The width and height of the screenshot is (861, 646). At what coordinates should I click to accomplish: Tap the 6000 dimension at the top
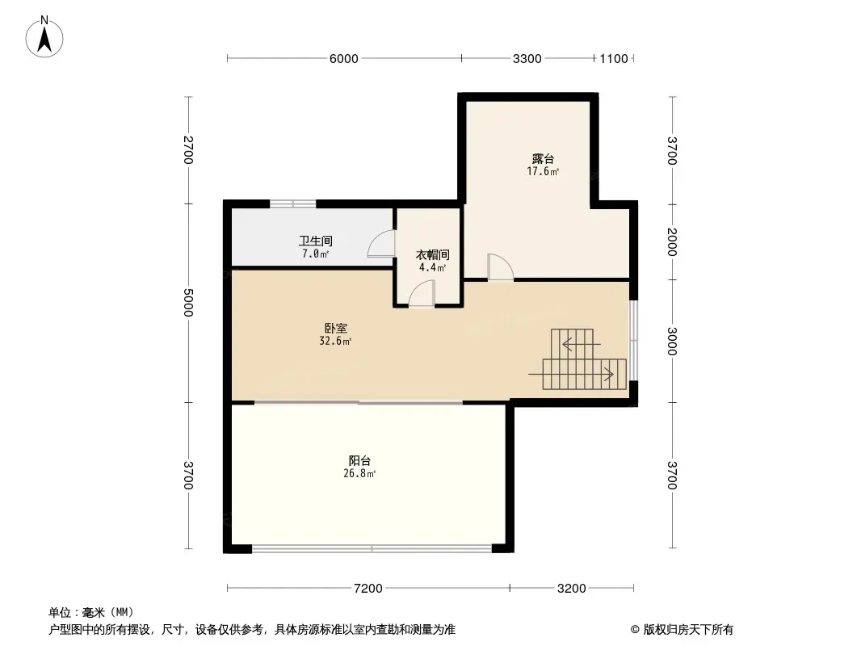(344, 59)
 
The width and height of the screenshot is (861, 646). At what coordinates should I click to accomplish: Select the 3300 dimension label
(527, 59)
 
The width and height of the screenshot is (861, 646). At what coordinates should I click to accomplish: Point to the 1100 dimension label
(613, 59)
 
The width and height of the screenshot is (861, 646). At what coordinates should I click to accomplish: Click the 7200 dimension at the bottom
(367, 589)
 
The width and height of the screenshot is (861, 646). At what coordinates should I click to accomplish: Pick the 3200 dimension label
(572, 589)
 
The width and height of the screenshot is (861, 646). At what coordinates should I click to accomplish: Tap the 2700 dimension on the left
(188, 150)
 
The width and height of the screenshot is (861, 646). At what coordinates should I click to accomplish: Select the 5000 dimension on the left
(188, 303)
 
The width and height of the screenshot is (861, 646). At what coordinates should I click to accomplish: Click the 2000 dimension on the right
(672, 242)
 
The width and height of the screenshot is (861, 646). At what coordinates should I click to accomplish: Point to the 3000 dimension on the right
(672, 341)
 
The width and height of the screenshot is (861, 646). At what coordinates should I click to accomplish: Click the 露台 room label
(543, 159)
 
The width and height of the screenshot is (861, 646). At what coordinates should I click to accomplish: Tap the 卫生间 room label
(316, 241)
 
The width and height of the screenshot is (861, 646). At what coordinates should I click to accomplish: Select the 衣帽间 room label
(433, 254)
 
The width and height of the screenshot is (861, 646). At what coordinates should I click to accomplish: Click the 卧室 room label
(335, 328)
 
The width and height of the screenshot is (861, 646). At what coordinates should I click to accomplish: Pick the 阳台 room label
(359, 461)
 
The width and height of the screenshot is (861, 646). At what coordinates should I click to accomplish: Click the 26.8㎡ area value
(359, 474)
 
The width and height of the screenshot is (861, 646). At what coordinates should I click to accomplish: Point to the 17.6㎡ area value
(543, 171)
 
